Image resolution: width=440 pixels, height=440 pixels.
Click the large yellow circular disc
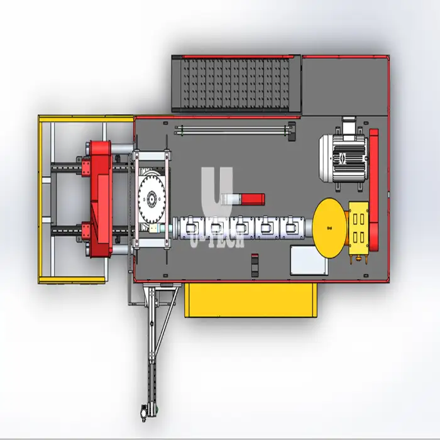point(329,228)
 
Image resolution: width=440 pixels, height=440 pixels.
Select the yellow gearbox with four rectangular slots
point(359,228)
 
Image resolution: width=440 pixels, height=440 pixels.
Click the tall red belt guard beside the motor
point(374,190)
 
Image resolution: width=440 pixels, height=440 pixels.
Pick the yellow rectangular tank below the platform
point(251,300)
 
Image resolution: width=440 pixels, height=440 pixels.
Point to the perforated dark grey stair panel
point(236,84)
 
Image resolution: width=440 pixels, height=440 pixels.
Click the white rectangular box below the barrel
point(309,260)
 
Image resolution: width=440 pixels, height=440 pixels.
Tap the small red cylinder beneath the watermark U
point(253,199)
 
